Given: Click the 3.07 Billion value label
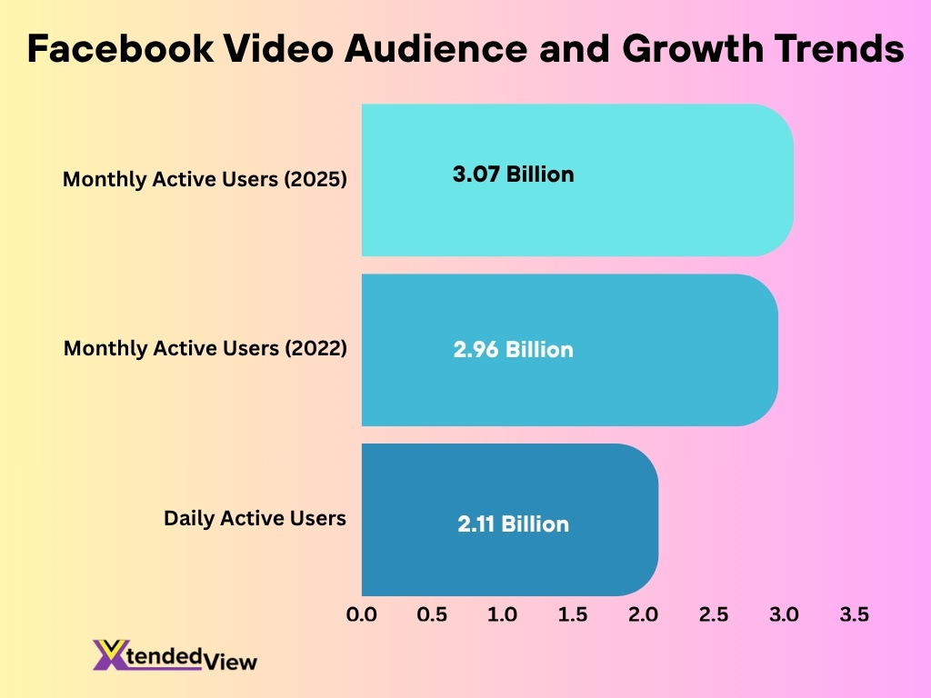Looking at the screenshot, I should point(513,174).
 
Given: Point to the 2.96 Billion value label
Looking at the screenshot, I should point(513,349).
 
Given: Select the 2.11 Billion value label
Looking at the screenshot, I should point(513,523).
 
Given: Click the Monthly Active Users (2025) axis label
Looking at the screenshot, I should point(205,179).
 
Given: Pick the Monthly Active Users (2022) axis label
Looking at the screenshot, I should point(205,347).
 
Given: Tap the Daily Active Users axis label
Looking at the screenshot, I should point(255,518).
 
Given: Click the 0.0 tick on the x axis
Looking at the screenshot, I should point(362,614).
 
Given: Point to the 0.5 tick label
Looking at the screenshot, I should point(432,614).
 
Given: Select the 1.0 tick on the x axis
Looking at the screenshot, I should point(502,614).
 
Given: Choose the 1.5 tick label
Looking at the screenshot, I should point(573,614).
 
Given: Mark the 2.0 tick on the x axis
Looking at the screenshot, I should point(643,614).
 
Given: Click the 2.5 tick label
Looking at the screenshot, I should point(714,614).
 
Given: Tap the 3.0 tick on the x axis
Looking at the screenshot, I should point(784,614).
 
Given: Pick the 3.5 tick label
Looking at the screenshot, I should point(855,614).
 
